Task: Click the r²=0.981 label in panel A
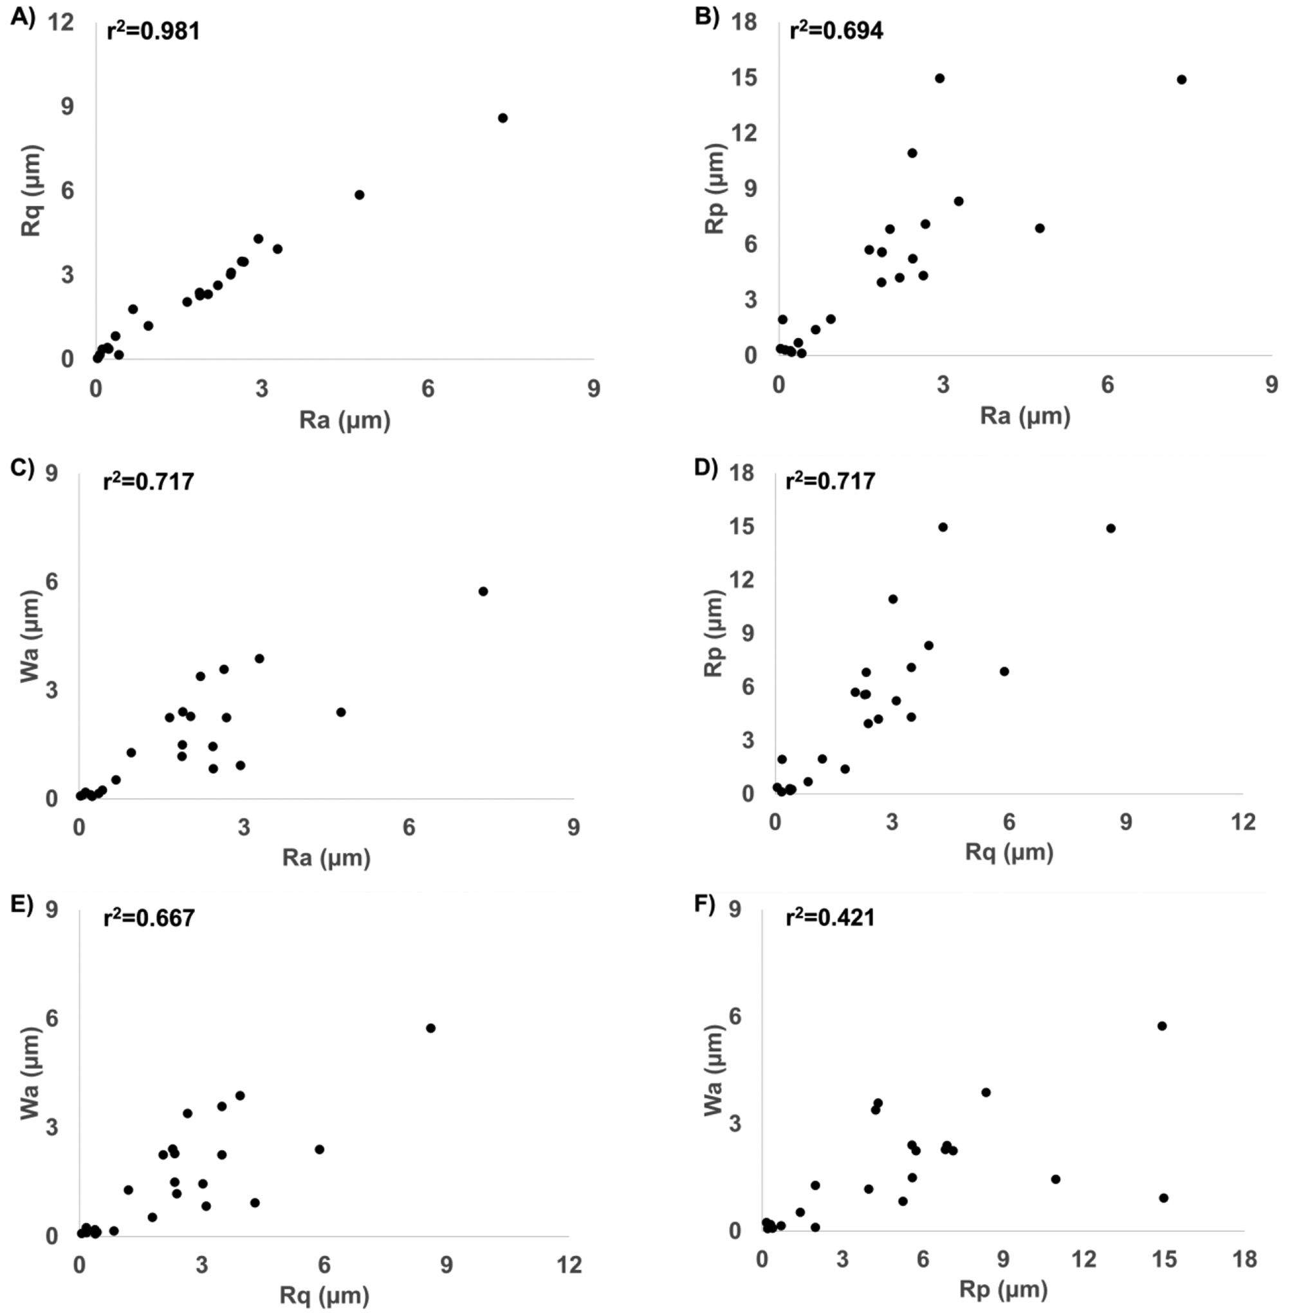tap(153, 30)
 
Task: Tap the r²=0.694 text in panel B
tap(836, 30)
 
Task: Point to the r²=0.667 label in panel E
tap(149, 918)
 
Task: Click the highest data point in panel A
tap(502, 117)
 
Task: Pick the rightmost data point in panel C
tap(483, 591)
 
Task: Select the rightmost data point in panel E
tap(430, 1028)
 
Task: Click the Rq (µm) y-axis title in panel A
tap(32, 190)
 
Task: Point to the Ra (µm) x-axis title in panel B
tap(1024, 416)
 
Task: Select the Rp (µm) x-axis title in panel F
tap(1003, 1289)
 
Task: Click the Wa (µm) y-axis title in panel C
tap(30, 636)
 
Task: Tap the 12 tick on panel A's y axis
tap(60, 23)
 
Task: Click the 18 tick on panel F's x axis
tap(1244, 1260)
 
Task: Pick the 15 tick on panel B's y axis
tap(744, 78)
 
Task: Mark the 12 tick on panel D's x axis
tap(1243, 822)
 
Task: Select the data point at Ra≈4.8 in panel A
tap(359, 195)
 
